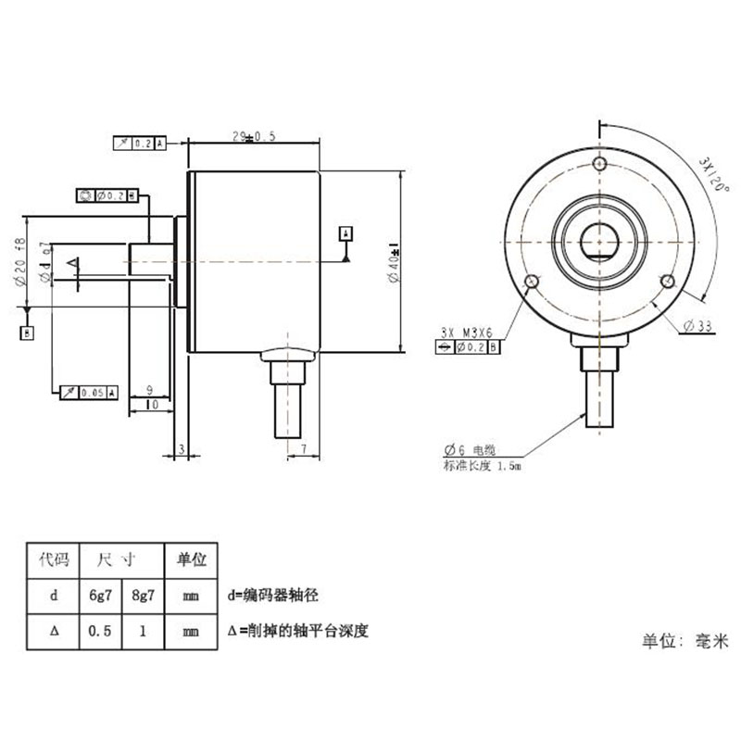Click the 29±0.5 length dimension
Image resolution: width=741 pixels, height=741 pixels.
254,136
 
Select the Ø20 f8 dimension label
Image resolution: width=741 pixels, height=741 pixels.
19,262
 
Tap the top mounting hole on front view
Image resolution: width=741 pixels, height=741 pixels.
600,165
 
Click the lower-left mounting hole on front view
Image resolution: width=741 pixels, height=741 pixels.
532,282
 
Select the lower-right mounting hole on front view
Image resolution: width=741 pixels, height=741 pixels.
667,281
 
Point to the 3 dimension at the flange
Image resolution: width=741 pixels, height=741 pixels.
182,449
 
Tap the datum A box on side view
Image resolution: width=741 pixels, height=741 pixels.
346,232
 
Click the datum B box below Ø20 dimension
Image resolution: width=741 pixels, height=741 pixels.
27,332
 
